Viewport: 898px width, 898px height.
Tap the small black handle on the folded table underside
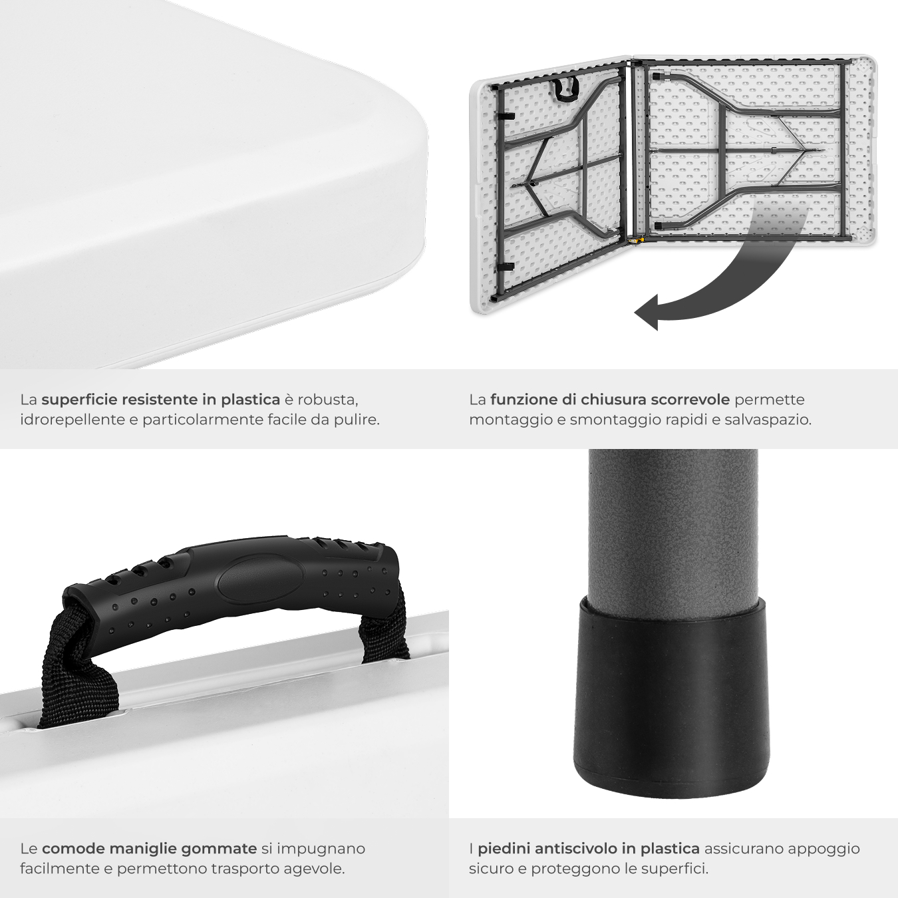[565, 90]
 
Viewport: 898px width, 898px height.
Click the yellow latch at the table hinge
[635, 240]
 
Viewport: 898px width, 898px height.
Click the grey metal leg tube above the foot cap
[673, 527]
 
